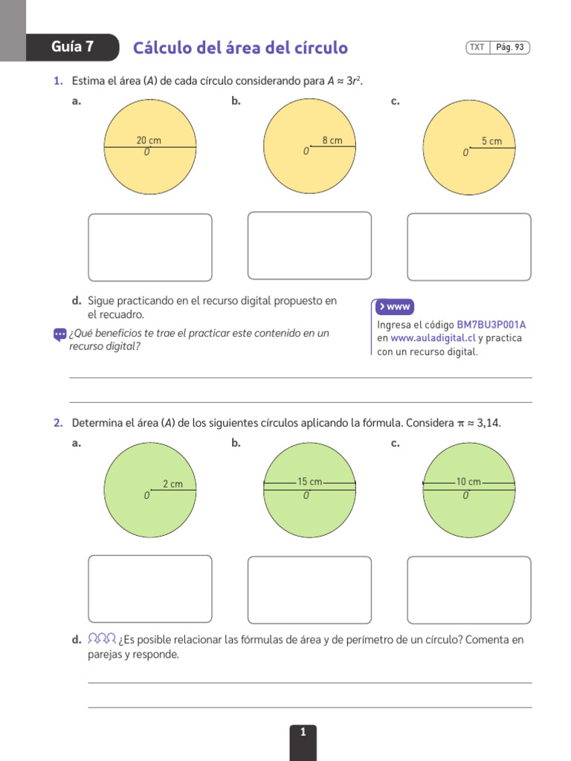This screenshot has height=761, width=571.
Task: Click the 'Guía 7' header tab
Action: click(x=72, y=47)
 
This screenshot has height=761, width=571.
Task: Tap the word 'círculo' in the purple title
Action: click(x=321, y=48)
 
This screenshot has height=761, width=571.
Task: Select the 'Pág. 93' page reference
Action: click(x=510, y=47)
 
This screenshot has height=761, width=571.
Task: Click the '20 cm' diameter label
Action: click(x=149, y=140)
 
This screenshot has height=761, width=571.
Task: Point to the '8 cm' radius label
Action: click(x=332, y=140)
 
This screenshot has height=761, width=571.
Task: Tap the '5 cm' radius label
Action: click(x=491, y=141)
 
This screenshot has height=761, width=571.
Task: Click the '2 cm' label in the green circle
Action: click(x=172, y=484)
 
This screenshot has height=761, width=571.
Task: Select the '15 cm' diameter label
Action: click(x=310, y=482)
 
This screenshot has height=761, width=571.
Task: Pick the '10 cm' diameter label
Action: click(x=468, y=482)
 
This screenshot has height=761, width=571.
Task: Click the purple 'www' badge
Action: click(x=394, y=307)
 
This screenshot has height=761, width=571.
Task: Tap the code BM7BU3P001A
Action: click(x=491, y=325)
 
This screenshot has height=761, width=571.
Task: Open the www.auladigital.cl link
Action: click(x=433, y=338)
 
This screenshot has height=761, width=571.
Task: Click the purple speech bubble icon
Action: click(x=59, y=335)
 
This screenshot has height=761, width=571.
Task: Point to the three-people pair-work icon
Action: click(x=102, y=638)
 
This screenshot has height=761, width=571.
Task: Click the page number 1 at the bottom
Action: click(x=303, y=732)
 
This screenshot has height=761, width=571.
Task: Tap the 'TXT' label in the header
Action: click(x=477, y=47)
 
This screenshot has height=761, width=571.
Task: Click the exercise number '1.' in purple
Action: click(x=58, y=81)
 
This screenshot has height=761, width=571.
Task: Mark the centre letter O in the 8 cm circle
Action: click(x=306, y=152)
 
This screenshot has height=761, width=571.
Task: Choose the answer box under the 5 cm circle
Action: click(x=469, y=247)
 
